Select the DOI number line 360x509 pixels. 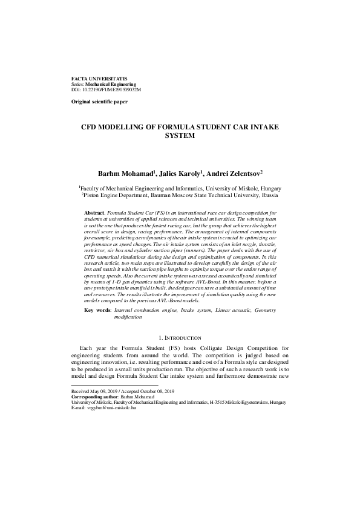coord(106,89)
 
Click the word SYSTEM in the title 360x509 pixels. coord(180,137)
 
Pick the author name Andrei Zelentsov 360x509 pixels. coord(244,173)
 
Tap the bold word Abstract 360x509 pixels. coord(94,213)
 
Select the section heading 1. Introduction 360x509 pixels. coord(180,337)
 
